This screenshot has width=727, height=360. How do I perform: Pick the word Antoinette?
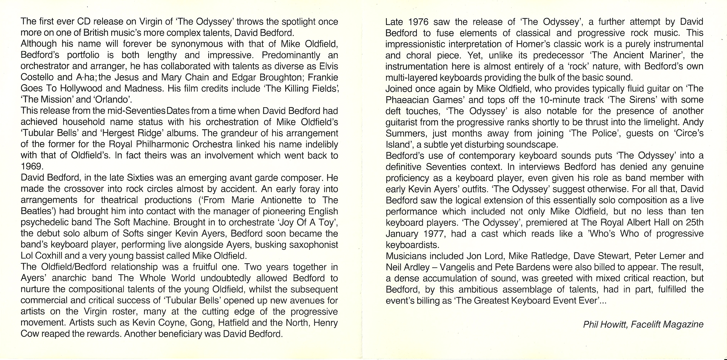coord(281,200)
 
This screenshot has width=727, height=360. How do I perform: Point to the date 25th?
coord(694,222)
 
